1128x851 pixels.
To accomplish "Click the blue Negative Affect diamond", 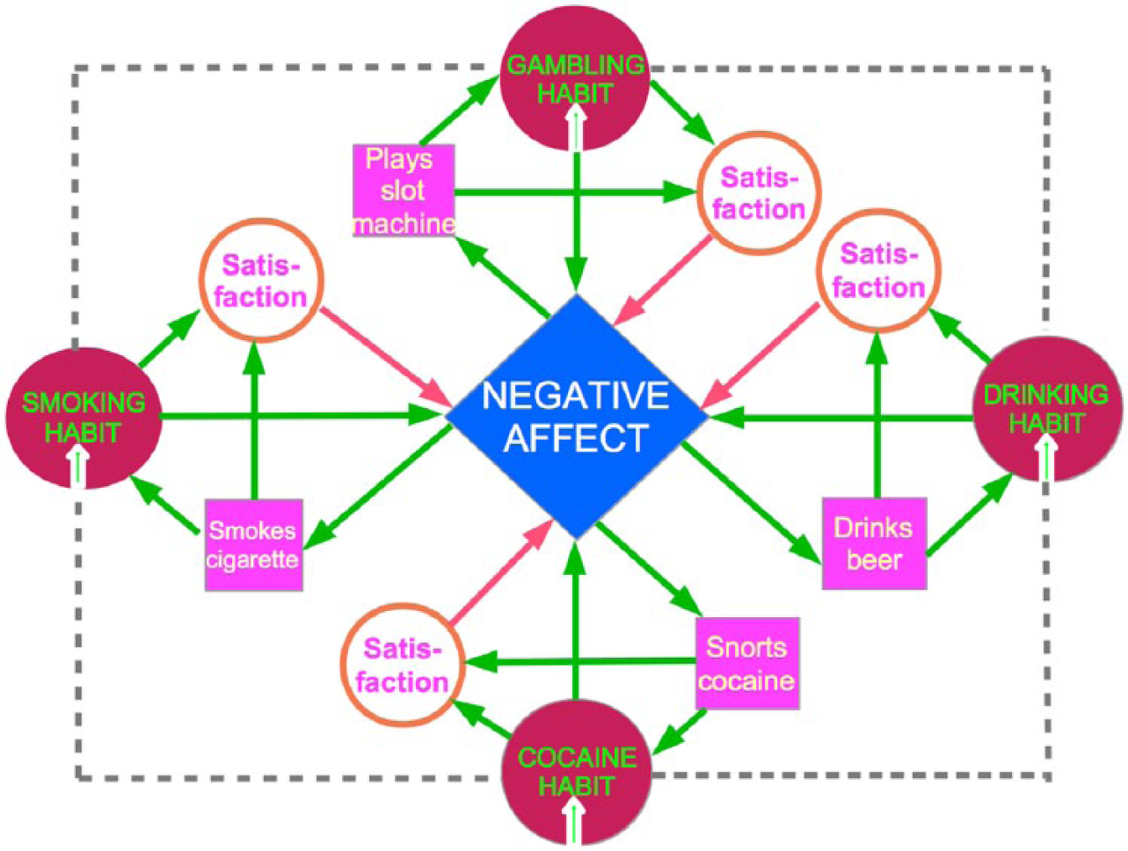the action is coord(576,417).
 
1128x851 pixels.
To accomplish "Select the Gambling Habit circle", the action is coord(575,78).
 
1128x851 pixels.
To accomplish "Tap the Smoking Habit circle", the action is coord(84,418).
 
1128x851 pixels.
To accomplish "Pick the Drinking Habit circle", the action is coord(1047,409).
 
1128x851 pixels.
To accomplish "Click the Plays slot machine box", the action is coord(404,191).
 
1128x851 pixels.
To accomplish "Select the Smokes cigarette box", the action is coord(253,545).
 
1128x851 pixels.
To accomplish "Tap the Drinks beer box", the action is coord(874,543).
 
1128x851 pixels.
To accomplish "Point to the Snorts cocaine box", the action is coord(747,664).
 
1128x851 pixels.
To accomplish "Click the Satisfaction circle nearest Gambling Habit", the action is coord(759,193).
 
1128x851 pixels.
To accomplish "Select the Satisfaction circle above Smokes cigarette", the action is coord(262,280).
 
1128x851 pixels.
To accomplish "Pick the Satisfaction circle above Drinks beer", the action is coord(879,270).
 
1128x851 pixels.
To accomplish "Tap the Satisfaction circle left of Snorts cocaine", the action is coord(403,665).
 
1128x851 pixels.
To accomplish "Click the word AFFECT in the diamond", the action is coord(576,438).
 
